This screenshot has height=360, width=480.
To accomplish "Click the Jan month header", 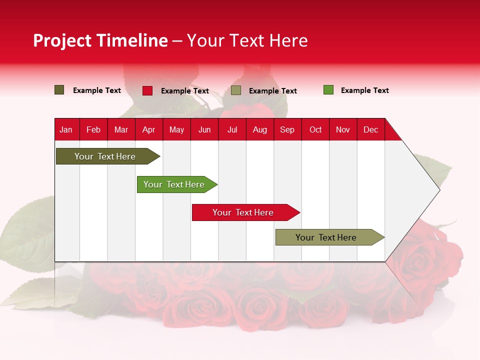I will [x=66, y=129].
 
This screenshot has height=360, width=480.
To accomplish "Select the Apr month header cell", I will [x=148, y=129].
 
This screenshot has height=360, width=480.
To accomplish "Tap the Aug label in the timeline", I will [x=259, y=129].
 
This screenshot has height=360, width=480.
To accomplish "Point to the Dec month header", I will [x=370, y=129].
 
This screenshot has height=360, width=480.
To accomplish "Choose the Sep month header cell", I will [x=287, y=129].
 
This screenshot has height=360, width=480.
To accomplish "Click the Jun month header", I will [x=204, y=129].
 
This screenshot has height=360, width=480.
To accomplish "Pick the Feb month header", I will [x=93, y=129].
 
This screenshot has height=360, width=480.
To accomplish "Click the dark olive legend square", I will [x=59, y=90].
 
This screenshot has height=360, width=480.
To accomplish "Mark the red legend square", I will [x=147, y=90].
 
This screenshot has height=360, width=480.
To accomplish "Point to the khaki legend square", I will [x=236, y=90].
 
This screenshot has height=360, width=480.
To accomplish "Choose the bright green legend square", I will [x=328, y=90].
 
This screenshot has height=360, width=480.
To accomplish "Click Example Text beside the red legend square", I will [x=184, y=91].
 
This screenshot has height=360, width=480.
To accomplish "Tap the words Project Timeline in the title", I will [x=100, y=40].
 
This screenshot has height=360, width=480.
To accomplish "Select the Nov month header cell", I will [x=343, y=129].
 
